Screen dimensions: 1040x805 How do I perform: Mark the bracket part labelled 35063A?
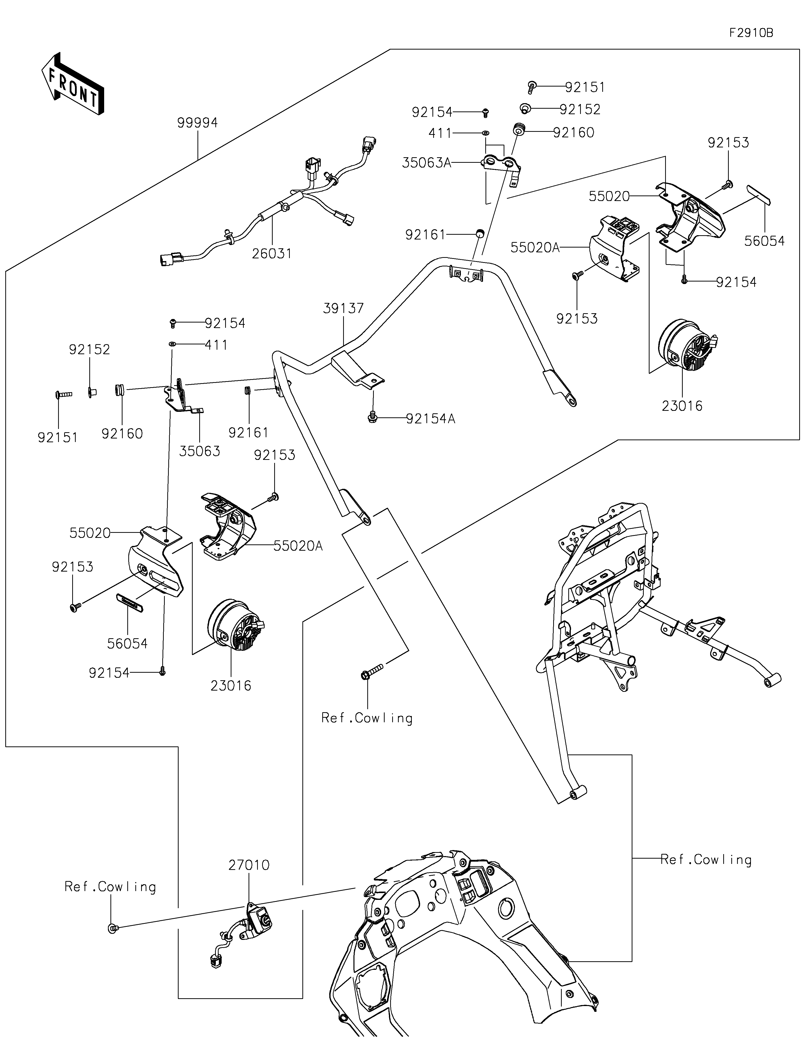pyautogui.click(x=502, y=167)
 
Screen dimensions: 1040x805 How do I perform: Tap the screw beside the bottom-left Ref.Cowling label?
pyautogui.click(x=113, y=928)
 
